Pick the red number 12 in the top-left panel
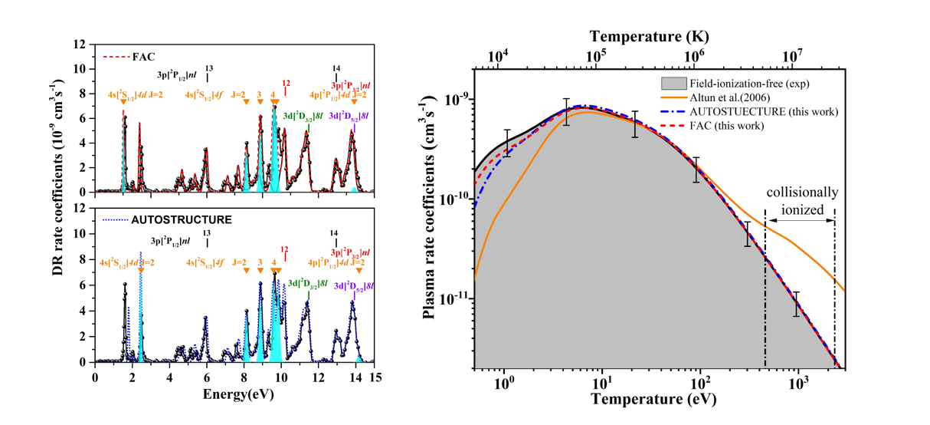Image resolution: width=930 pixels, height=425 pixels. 286,83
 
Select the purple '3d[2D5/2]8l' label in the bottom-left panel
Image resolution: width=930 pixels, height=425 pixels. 350,285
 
